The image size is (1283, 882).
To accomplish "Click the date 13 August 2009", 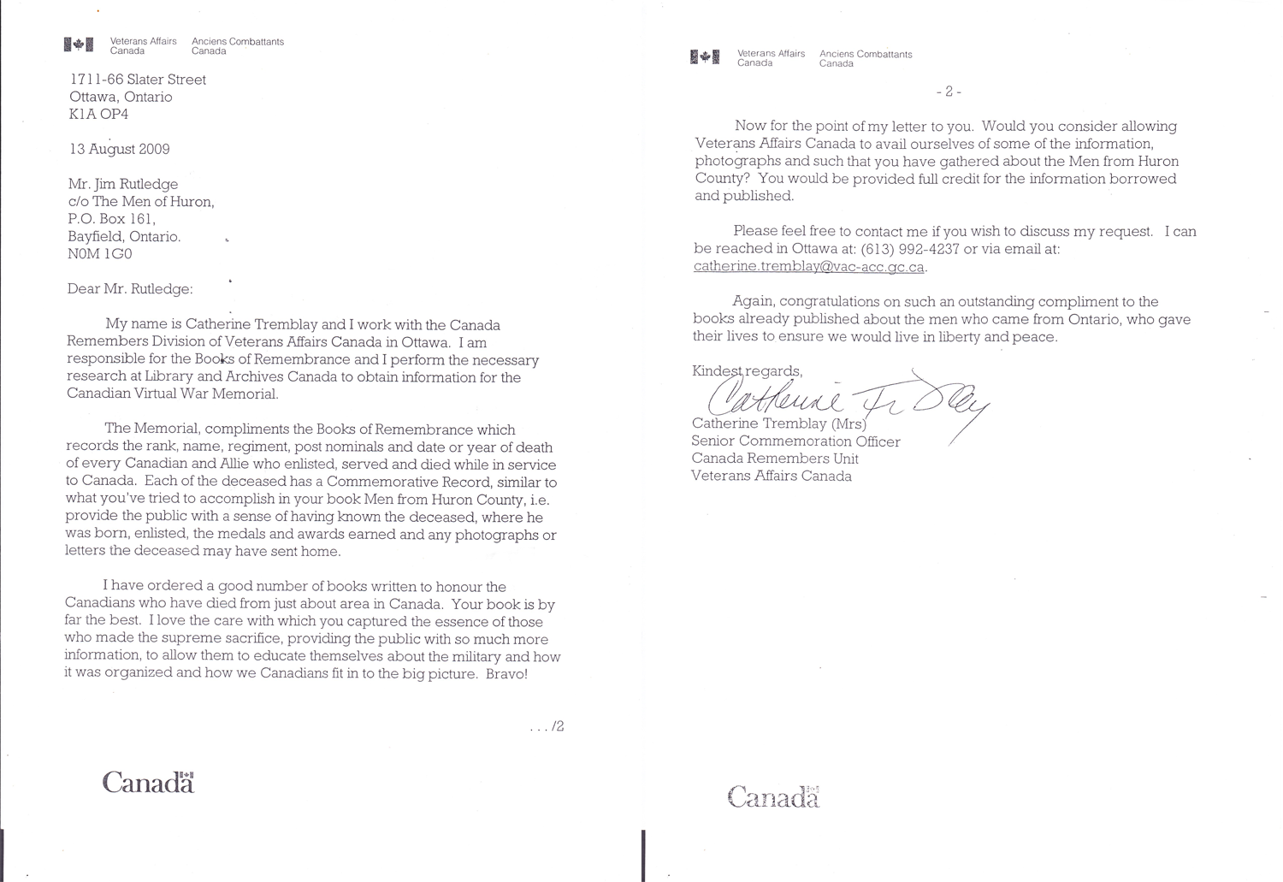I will coord(120,149).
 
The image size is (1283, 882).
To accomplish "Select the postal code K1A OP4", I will coord(99,114).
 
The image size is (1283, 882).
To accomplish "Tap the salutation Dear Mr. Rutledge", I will coord(130,289).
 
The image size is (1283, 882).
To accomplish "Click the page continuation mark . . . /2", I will coord(547,727).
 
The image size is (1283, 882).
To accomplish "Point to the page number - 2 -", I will coord(949,92).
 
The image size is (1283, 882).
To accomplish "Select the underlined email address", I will coord(809,267).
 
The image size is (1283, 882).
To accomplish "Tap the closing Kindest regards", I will coord(747,371).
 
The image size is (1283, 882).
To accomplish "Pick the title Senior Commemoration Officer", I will coord(795,441).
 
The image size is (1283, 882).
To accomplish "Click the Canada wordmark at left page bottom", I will coord(149,783).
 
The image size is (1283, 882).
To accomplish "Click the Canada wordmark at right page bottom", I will coord(773,798).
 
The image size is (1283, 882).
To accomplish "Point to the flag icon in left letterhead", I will coord(78,45).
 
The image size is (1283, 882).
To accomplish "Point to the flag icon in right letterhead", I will coord(704,57).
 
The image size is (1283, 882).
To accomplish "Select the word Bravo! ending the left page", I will coord(503,674).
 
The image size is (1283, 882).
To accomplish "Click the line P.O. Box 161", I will coord(111,219).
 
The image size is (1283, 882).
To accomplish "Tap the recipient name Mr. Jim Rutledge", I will coord(124,184).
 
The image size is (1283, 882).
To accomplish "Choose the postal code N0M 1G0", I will coord(100,254).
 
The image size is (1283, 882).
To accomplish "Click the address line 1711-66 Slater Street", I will coord(138,80).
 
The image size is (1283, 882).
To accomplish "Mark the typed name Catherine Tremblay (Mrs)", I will coord(778,423).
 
